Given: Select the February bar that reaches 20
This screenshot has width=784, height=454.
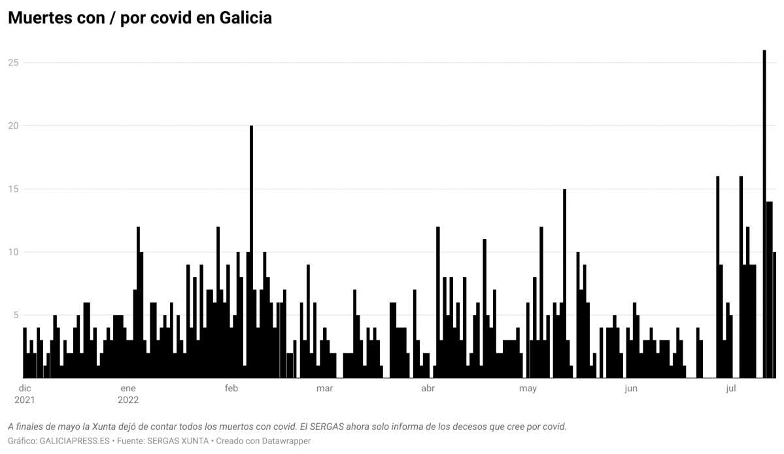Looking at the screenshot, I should coord(251,251).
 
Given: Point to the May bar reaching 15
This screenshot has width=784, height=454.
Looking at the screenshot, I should coord(564,284).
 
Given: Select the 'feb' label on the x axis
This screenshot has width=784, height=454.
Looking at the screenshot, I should coord(231,389).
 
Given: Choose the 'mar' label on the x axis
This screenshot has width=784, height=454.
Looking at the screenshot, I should coord(324,389).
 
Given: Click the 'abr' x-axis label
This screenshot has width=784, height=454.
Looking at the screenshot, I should coord(428,389).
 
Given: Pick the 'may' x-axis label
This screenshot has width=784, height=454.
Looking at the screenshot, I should coord(528,389).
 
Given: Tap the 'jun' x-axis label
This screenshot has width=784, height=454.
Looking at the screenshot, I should coord(630,389).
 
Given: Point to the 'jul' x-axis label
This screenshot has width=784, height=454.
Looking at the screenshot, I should coord(730,389).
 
